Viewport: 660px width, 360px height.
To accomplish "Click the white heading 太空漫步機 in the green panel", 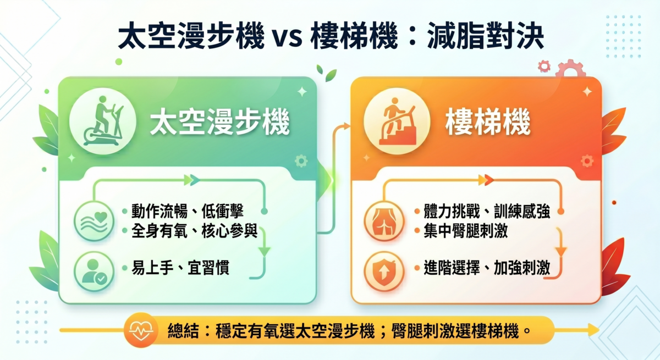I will pyautogui.click(x=220, y=123).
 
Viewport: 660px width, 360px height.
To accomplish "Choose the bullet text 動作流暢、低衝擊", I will pyautogui.click(x=188, y=212).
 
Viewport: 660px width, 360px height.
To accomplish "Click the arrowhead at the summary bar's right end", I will pyautogui.click(x=593, y=330).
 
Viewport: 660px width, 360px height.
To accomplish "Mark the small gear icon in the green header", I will pyautogui.click(x=301, y=161).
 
